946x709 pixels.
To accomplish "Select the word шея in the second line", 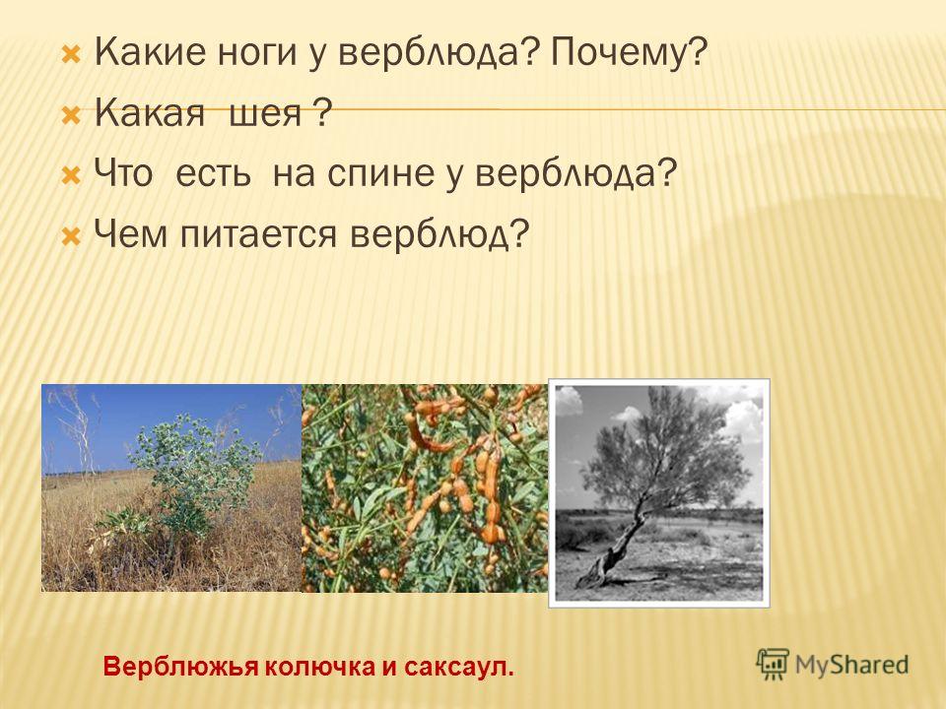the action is click(x=265, y=113).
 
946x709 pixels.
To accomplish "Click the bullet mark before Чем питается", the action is click(x=71, y=235).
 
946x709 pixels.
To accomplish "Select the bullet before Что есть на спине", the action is click(x=71, y=176).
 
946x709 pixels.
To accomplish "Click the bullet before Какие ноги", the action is click(x=71, y=55).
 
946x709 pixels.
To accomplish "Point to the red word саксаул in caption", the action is click(x=459, y=667).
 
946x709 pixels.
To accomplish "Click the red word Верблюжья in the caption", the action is click(x=181, y=667).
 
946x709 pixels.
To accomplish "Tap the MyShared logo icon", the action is click(x=773, y=664).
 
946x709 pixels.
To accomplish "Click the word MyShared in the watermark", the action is click(x=851, y=665).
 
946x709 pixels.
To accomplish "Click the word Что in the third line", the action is click(x=123, y=173).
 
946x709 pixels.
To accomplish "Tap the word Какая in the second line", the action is click(x=150, y=113).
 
